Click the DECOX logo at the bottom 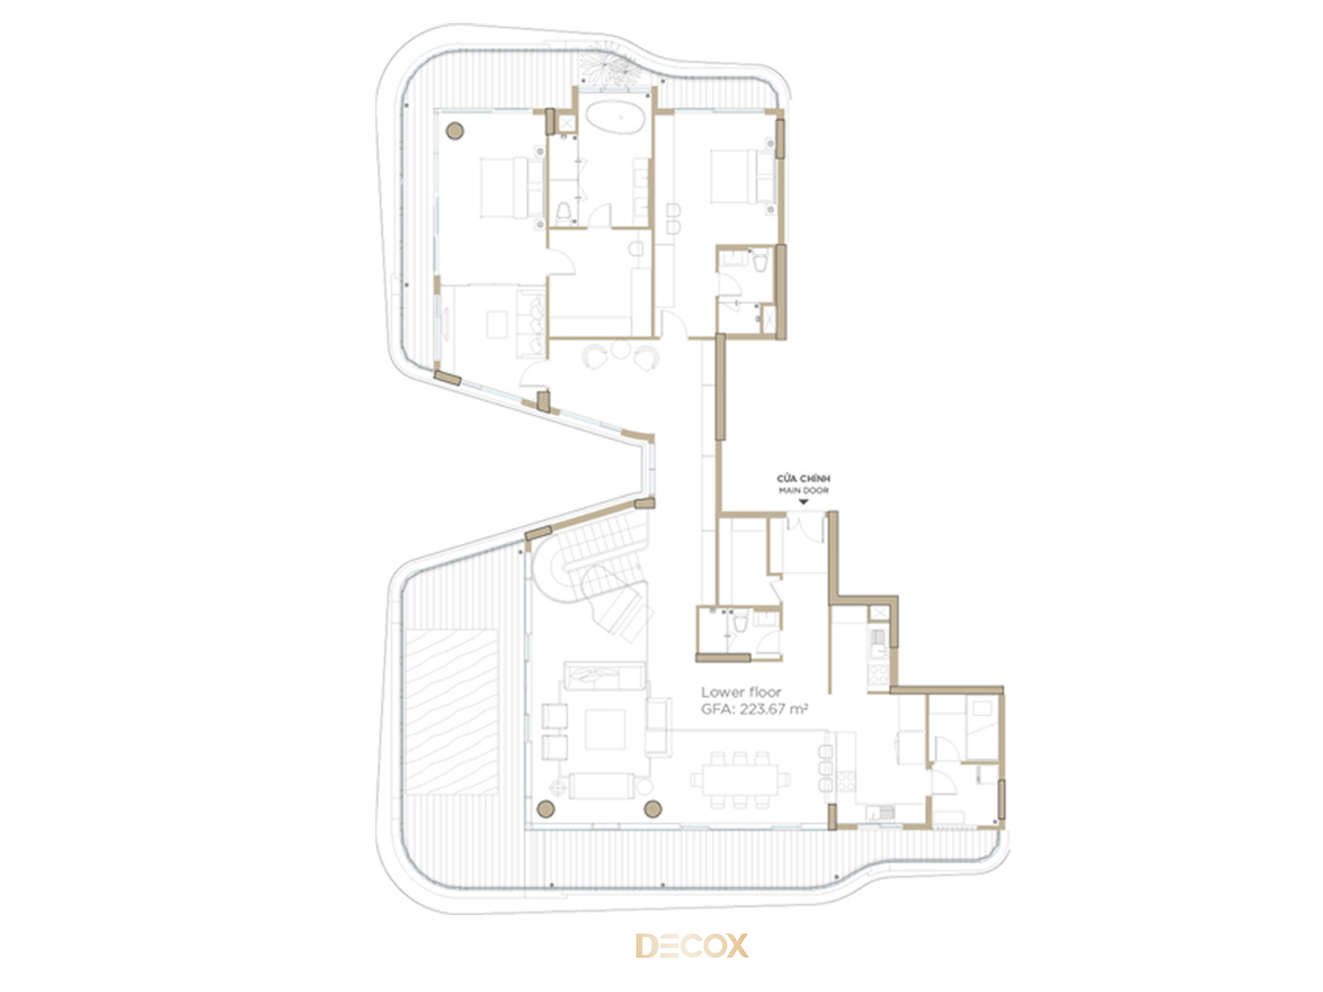tap(691, 945)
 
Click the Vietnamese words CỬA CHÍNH tap(804, 479)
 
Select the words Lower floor tap(741, 692)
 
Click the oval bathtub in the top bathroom tap(615, 117)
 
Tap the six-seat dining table tap(739, 780)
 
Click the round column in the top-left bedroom tap(455, 131)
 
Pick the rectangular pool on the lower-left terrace tap(452, 712)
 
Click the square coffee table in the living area tap(605, 729)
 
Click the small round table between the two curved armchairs tap(620, 349)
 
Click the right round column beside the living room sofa tap(652, 809)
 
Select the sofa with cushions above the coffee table tap(604, 677)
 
